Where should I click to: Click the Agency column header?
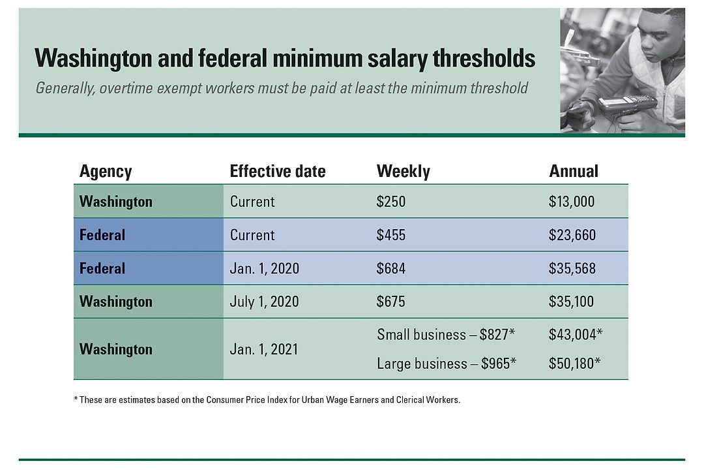point(106,172)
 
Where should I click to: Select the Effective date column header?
point(278,172)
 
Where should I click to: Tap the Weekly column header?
point(403,172)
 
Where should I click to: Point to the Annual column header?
point(574,172)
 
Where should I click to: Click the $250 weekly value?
point(391,202)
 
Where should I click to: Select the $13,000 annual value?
point(572,202)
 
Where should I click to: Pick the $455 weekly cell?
point(391,235)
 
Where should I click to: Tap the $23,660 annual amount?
point(572,235)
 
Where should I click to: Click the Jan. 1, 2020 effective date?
point(264,268)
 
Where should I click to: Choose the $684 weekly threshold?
point(391,268)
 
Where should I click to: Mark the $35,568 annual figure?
point(572,268)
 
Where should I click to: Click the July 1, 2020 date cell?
point(264,302)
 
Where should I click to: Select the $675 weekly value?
point(391,302)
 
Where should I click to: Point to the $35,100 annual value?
point(572,302)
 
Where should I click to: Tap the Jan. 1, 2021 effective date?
point(264,349)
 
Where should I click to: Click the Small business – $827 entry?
point(446,335)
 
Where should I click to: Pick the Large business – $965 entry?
point(447,364)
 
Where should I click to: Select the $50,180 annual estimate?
point(575,364)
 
